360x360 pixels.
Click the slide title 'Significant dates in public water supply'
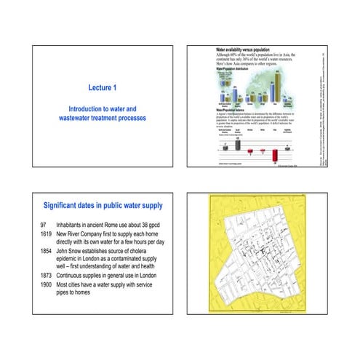102,206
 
